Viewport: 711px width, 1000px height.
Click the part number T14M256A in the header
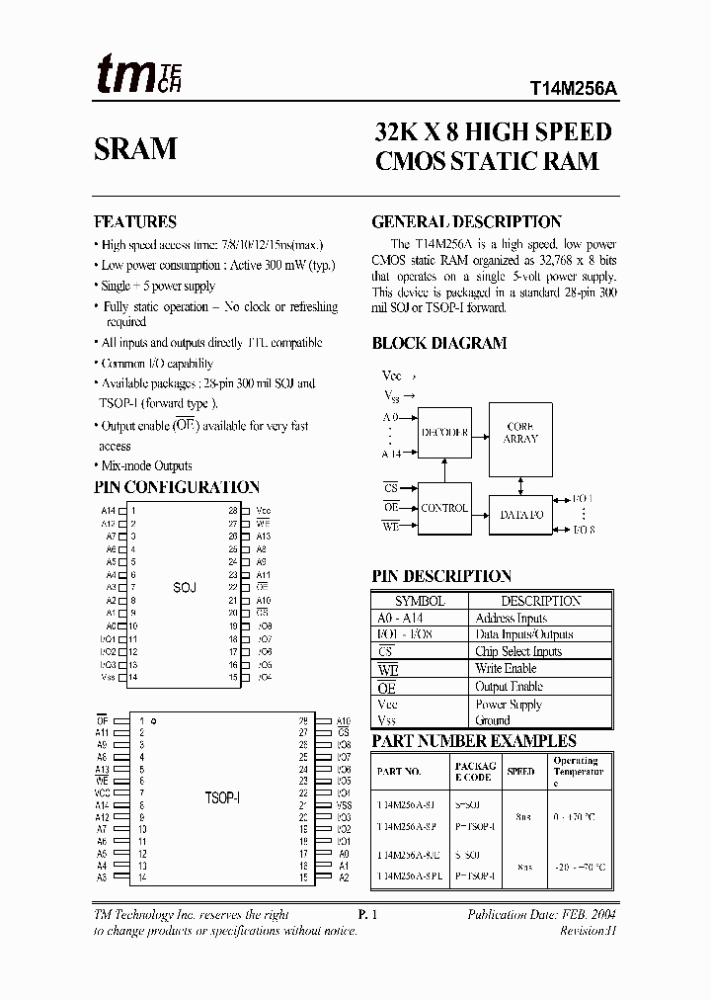(568, 87)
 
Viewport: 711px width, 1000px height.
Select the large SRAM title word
(135, 148)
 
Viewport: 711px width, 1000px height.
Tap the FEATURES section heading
(135, 222)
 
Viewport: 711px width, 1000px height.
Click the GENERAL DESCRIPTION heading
(466, 222)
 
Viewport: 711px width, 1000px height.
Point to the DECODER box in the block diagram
(443, 432)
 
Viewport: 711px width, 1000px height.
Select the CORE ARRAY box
(520, 432)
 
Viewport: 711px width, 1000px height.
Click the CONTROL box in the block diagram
(444, 508)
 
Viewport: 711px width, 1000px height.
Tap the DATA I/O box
(520, 515)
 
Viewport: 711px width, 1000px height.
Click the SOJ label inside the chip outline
(185, 587)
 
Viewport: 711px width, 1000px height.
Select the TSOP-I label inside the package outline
(222, 796)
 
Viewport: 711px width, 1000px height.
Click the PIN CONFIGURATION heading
(177, 487)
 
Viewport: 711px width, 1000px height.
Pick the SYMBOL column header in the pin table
(420, 601)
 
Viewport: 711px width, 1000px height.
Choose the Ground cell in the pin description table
(493, 721)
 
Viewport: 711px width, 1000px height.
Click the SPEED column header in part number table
(520, 771)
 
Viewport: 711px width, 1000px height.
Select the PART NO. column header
(400, 771)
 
